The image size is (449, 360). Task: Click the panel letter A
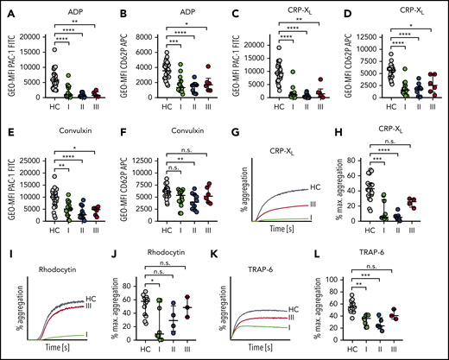click(x=5, y=6)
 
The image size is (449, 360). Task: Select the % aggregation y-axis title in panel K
click(x=238, y=304)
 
